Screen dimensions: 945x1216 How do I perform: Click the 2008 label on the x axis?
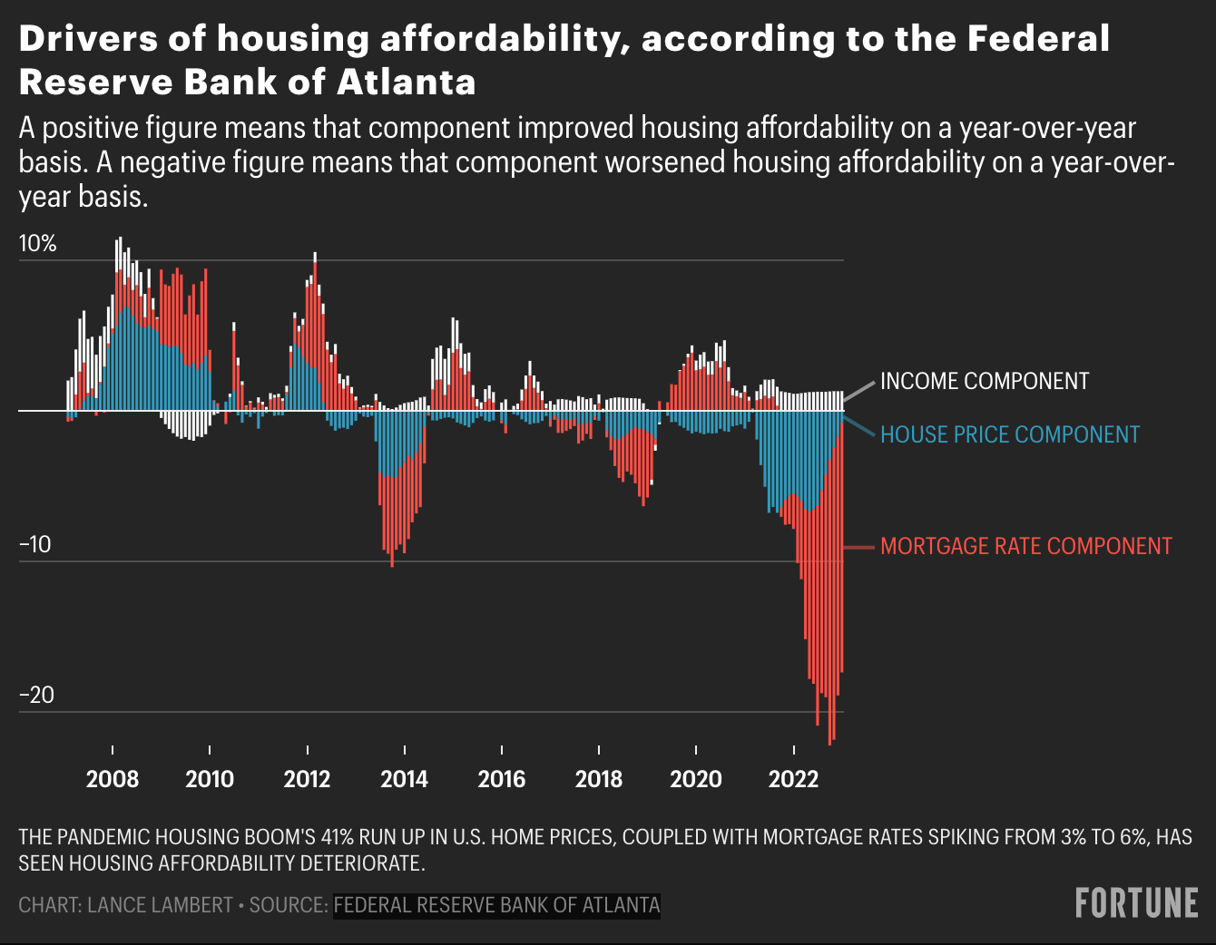tap(113, 779)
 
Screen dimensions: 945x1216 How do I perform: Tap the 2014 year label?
tap(404, 779)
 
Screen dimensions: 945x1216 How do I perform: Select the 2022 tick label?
tap(793, 779)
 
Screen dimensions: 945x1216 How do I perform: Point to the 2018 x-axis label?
tap(599, 779)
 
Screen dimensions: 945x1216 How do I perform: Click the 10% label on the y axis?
tap(37, 244)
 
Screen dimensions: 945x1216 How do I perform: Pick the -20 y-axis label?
tap(36, 696)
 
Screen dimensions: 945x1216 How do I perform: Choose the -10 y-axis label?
tap(35, 545)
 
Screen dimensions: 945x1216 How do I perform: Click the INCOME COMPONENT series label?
tap(984, 382)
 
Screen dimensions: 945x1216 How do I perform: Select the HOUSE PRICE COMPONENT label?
tap(1009, 435)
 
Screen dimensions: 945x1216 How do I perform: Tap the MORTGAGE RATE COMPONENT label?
tap(1025, 546)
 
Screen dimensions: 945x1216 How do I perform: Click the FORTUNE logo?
tap(1136, 903)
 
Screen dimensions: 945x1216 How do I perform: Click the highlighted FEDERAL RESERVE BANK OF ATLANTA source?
tap(496, 905)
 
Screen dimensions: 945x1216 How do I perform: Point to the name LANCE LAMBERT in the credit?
tap(160, 905)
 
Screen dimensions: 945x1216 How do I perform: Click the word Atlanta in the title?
tap(406, 83)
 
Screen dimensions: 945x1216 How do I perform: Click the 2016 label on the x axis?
tap(502, 779)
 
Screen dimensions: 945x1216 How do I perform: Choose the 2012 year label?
tap(307, 779)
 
